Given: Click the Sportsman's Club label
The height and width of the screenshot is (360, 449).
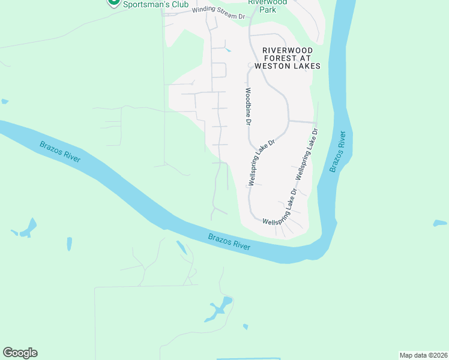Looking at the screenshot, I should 155,4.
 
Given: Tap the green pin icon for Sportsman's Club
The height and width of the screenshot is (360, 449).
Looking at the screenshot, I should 112,2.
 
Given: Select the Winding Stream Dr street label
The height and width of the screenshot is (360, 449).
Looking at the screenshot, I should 219,14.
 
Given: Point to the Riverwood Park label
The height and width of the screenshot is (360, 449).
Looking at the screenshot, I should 268,5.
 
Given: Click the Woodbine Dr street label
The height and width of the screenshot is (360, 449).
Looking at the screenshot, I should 246,107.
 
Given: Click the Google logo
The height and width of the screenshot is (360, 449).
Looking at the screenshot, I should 20,353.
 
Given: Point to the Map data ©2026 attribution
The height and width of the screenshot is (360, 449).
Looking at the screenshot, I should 424,355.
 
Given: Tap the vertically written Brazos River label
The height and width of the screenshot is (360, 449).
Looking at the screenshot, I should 338,152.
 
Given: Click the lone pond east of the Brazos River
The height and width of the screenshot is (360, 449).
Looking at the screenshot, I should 439,223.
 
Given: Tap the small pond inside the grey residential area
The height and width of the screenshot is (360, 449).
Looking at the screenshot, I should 228,50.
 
